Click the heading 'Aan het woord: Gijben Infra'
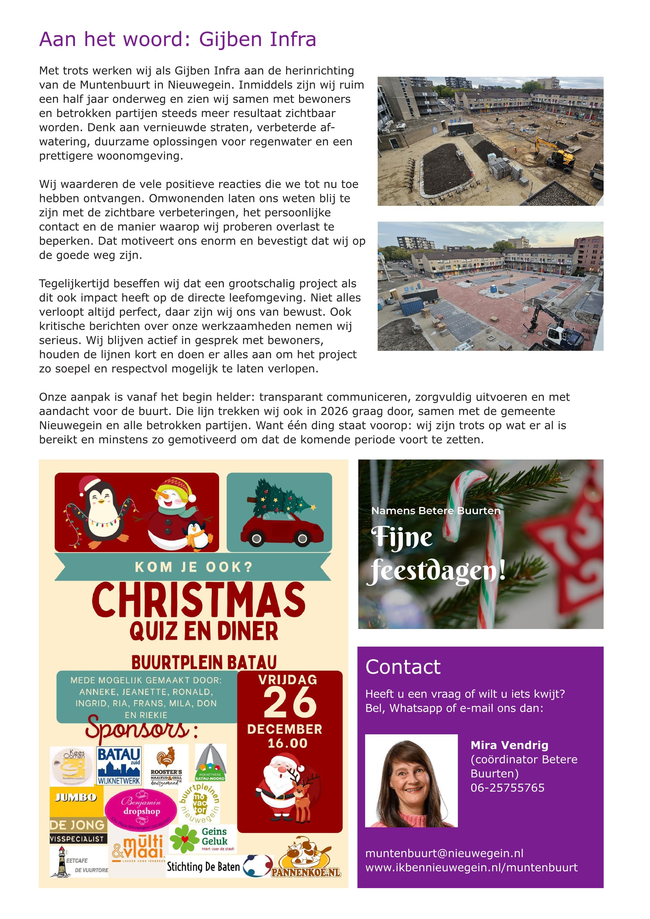click(x=177, y=39)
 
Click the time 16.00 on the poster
click(x=287, y=743)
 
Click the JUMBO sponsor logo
click(x=76, y=798)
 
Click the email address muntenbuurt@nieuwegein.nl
click(x=444, y=853)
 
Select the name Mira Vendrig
click(x=509, y=745)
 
